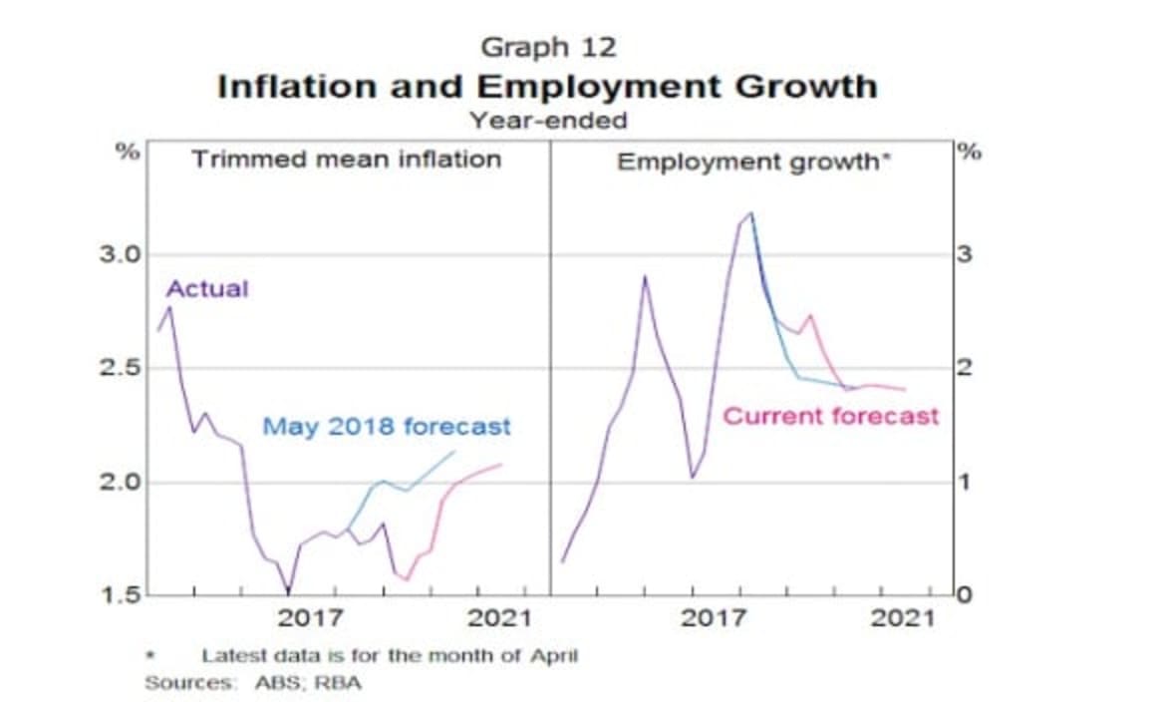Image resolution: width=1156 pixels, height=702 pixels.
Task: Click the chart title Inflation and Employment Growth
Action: tap(547, 86)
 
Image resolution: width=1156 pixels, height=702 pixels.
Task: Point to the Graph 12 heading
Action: tap(549, 47)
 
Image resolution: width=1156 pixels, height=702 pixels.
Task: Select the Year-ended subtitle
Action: tap(549, 121)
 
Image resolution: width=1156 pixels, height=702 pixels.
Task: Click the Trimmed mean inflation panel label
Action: tap(347, 159)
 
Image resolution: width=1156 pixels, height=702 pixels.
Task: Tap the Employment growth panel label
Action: tap(752, 162)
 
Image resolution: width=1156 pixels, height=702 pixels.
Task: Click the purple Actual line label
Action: tap(206, 289)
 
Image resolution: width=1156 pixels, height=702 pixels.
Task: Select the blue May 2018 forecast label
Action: tap(387, 427)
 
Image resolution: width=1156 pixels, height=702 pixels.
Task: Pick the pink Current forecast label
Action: tap(830, 416)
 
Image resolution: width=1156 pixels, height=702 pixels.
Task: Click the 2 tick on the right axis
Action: tap(963, 369)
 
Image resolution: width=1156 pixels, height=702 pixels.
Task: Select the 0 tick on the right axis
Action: tap(963, 596)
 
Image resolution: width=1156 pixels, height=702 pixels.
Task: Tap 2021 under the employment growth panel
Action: tap(902, 618)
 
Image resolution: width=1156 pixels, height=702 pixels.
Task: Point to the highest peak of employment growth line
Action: tap(750, 212)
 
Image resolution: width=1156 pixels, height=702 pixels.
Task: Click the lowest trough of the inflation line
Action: tap(288, 590)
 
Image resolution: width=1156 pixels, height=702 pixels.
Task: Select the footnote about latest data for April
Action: tap(389, 656)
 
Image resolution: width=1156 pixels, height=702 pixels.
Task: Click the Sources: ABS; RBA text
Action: tap(253, 683)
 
